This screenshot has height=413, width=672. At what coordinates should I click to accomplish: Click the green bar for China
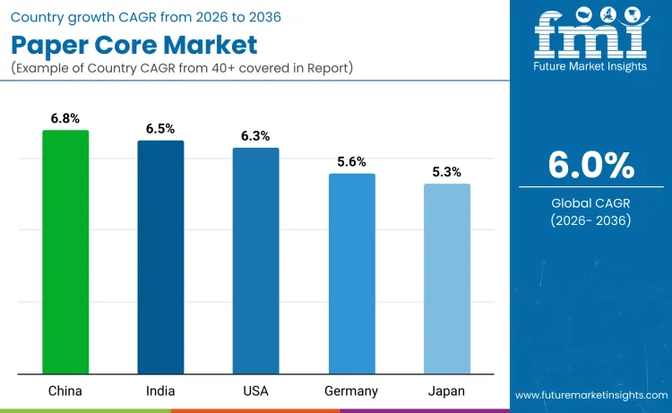pos(65,252)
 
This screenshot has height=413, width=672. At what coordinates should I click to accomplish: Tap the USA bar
pos(256,261)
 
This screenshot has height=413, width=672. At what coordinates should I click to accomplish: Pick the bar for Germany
pos(351,273)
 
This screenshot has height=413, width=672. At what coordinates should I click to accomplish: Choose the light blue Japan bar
pos(447,279)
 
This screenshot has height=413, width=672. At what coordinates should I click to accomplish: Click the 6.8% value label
pos(65,118)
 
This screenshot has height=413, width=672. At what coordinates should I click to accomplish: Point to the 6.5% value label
pos(160,129)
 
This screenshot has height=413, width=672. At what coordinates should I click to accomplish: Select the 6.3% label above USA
pos(256,136)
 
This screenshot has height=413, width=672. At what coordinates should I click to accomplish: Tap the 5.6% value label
pos(351,162)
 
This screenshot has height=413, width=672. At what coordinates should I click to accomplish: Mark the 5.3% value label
pos(447,172)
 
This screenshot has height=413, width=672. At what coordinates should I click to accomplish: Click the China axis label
pos(65,391)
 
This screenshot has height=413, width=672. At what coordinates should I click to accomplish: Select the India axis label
pos(160,391)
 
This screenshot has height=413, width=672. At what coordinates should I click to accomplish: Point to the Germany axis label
pos(351,391)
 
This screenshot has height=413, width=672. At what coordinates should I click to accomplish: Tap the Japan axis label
pos(447,391)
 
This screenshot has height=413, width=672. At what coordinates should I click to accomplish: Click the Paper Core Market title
pos(134,44)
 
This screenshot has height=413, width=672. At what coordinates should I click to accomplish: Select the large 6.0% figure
pos(590,165)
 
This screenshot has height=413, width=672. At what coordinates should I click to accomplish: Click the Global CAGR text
pos(590,203)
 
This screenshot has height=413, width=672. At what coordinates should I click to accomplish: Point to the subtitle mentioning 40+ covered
pos(183,68)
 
